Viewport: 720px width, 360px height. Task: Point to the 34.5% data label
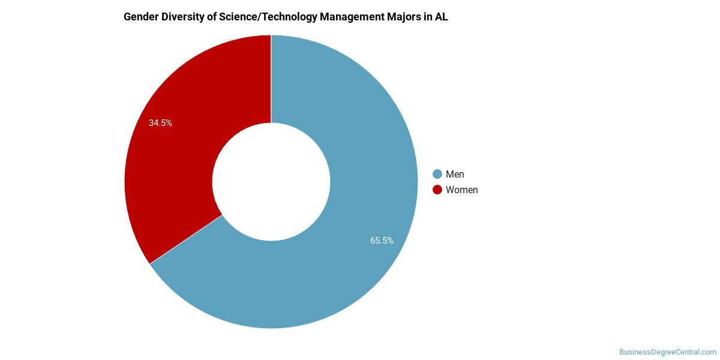tap(160, 123)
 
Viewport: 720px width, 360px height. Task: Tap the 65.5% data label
tap(382, 241)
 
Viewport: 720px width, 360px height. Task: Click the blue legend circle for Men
tap(437, 174)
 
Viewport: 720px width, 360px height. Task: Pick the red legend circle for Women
tap(437, 190)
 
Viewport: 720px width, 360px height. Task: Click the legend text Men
tap(455, 174)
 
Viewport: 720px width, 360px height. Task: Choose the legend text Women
tap(461, 190)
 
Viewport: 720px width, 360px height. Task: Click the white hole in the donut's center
tap(271, 182)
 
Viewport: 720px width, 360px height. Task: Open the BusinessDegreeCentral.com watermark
tap(667, 352)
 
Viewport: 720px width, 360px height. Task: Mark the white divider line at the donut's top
tap(271, 78)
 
